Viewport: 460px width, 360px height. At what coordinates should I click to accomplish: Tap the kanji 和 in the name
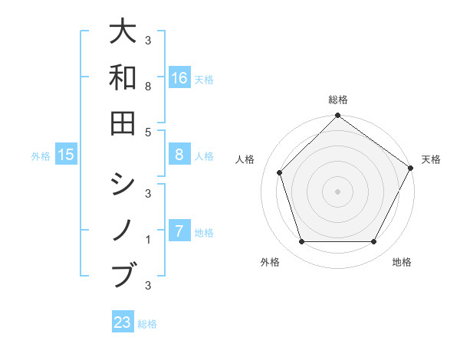(x=123, y=77)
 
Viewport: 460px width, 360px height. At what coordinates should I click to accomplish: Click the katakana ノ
(x=123, y=230)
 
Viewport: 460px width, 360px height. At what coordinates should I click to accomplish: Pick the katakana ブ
(x=123, y=273)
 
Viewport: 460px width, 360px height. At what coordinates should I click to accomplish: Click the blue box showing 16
(x=179, y=77)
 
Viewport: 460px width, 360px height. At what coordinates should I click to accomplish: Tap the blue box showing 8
(x=179, y=155)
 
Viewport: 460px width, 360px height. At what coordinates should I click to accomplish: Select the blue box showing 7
(x=179, y=231)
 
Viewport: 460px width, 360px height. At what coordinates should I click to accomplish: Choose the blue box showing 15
(x=67, y=155)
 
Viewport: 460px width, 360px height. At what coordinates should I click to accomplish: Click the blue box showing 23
(x=123, y=322)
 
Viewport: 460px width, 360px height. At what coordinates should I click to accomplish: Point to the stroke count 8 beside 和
(x=148, y=87)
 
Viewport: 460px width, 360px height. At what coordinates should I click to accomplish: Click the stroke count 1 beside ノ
(x=148, y=240)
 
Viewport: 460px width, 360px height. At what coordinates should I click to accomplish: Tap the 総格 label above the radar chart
(x=337, y=100)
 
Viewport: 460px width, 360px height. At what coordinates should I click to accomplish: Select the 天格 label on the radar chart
(x=431, y=159)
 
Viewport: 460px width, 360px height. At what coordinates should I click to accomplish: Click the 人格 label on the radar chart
(x=245, y=159)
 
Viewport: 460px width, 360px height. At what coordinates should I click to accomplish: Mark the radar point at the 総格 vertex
(x=337, y=117)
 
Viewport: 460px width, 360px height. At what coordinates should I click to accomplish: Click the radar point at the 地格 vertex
(x=373, y=242)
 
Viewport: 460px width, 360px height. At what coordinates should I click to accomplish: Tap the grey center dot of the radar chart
(x=337, y=191)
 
